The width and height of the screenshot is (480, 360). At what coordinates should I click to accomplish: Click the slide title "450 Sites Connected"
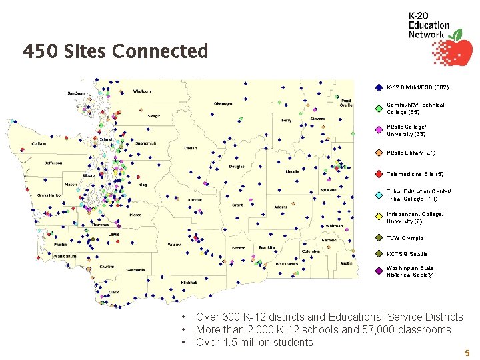[x=115, y=51]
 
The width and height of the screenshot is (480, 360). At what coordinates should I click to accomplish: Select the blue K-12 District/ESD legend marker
[x=378, y=87]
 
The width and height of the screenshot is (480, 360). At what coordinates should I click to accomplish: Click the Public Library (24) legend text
[x=411, y=153]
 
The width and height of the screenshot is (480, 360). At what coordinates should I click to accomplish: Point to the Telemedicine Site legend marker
[x=378, y=174]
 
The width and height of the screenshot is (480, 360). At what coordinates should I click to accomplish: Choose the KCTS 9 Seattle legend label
[x=407, y=254]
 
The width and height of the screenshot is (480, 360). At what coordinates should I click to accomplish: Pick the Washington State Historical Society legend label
[x=409, y=271]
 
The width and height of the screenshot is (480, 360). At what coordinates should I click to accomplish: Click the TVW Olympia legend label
[x=405, y=238]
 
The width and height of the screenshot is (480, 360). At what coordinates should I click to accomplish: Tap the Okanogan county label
[x=223, y=103]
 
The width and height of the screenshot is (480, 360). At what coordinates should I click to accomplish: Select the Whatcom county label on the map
[x=142, y=91]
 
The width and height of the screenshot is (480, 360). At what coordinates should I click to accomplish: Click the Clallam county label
[x=39, y=144]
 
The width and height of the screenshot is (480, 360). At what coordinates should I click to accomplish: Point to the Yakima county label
[x=174, y=245]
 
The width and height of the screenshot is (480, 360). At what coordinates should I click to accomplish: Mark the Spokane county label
[x=327, y=190]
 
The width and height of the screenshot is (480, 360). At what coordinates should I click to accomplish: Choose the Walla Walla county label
[x=286, y=265]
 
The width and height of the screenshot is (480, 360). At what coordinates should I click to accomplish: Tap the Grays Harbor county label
[x=50, y=195]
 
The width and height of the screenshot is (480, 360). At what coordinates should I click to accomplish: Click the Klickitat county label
[x=189, y=282]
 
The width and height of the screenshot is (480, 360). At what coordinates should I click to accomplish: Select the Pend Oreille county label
[x=345, y=103]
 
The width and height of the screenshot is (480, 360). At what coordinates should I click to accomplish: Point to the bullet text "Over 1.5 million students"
[x=254, y=343]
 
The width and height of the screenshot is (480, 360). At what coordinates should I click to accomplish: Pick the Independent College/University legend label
[x=414, y=217]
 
